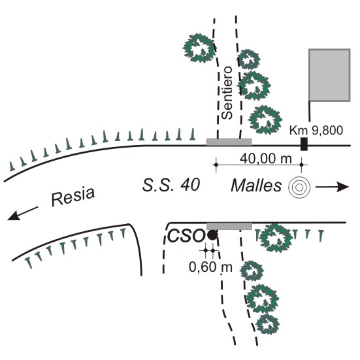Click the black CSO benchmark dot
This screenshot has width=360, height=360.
[x=212, y=235]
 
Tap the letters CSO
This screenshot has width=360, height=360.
[x=186, y=236]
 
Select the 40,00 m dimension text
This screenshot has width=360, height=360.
[x=266, y=159]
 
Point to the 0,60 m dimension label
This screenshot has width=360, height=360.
[x=210, y=267]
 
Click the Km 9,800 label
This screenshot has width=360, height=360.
[x=316, y=130]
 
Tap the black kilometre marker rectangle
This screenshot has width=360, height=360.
[x=304, y=144]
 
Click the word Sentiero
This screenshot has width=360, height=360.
[x=227, y=93]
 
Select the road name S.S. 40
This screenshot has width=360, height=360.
[x=171, y=185]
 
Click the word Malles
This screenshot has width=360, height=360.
[x=256, y=186]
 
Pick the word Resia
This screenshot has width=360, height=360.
[x=73, y=197]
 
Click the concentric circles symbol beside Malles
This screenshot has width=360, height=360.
[x=299, y=188]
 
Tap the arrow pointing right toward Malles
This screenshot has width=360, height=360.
[x=332, y=187]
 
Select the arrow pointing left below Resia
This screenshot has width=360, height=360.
[x=22, y=214]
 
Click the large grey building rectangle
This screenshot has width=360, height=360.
[x=329, y=75]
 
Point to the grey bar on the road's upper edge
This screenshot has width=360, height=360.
[x=229, y=142]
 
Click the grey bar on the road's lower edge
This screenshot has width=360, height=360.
[x=229, y=226]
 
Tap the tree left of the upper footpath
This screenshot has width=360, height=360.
[x=199, y=48]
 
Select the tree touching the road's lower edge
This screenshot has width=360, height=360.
[x=276, y=238]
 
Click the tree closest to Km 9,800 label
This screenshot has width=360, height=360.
[x=265, y=120]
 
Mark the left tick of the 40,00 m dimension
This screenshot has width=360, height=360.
[x=216, y=165]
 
